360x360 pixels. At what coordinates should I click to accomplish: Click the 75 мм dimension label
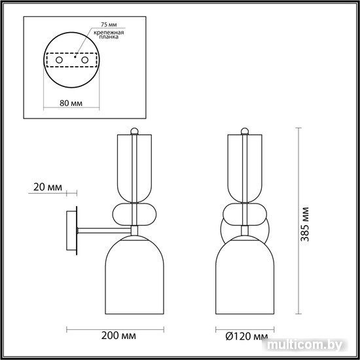[x=109, y=25]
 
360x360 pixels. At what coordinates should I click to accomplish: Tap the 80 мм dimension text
[x=71, y=103]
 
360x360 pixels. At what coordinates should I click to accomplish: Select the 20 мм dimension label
[x=48, y=187]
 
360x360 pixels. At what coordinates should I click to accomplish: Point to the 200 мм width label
[x=118, y=336]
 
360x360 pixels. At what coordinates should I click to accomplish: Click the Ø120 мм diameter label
[x=247, y=336]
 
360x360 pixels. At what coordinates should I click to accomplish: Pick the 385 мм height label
[x=305, y=224]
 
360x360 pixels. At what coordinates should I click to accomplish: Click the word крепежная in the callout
[x=109, y=32]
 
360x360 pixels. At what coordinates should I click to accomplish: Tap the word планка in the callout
[x=109, y=37]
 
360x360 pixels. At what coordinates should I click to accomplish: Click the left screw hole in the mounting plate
[x=59, y=60]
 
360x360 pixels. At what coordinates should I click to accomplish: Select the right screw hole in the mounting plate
[x=85, y=60]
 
